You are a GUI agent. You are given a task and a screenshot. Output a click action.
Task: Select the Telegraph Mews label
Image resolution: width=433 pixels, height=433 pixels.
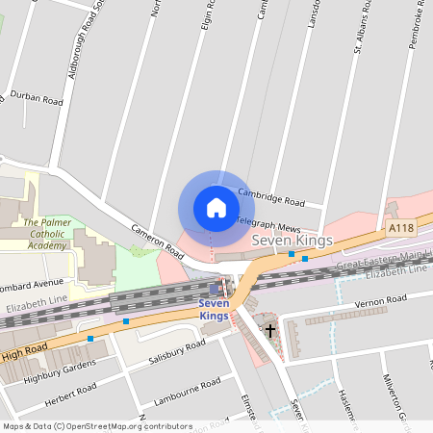269,222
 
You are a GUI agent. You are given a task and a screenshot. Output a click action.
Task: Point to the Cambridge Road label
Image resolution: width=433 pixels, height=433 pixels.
271,197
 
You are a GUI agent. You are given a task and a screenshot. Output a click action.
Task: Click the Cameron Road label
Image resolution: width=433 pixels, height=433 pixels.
157,237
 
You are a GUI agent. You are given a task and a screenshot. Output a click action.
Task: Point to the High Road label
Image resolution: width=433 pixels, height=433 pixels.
24,355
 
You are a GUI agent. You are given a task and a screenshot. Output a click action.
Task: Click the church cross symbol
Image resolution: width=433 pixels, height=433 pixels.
270,330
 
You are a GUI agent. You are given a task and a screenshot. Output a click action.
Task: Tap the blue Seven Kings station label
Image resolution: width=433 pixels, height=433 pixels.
214,310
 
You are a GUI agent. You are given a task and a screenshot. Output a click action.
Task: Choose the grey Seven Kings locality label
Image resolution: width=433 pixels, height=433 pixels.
292,240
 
